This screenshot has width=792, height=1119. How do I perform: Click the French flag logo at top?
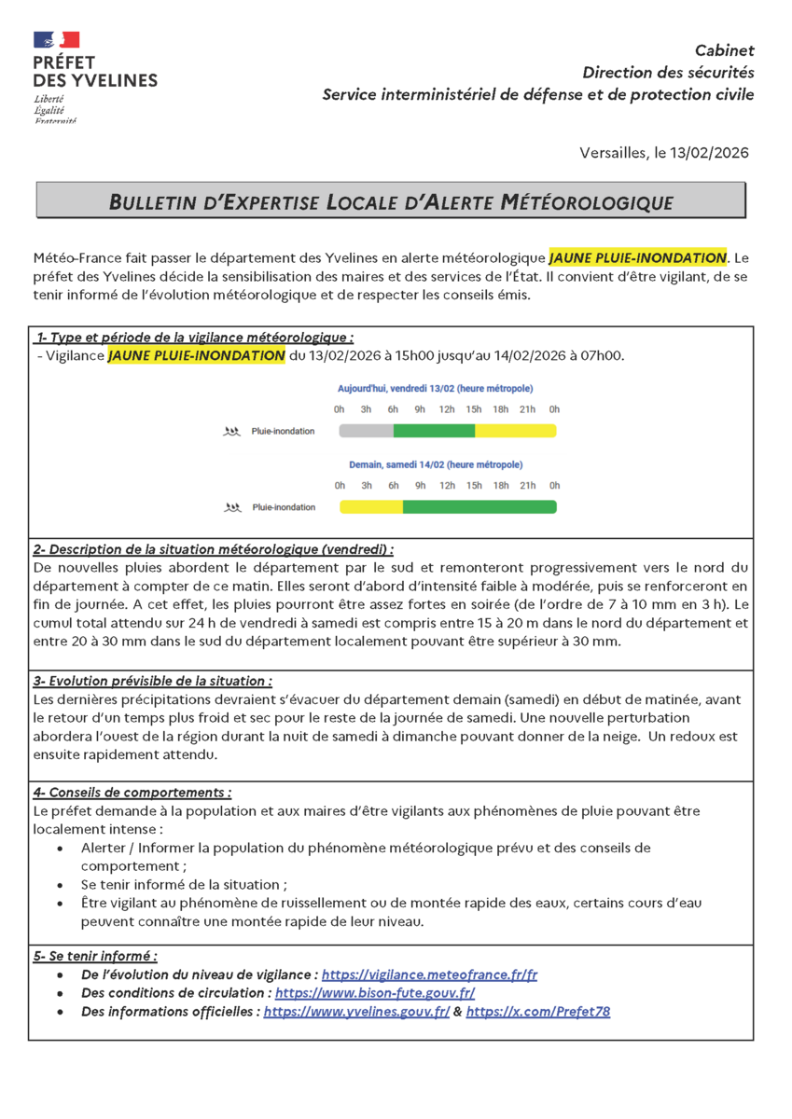(x=56, y=39)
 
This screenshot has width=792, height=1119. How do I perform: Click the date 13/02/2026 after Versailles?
(x=709, y=153)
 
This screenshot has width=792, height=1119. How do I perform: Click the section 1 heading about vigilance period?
(x=195, y=338)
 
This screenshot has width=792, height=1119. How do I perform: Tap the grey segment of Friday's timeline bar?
(x=366, y=431)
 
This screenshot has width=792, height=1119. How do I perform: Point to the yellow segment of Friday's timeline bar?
(x=515, y=431)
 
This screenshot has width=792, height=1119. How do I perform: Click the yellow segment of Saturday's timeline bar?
(x=370, y=507)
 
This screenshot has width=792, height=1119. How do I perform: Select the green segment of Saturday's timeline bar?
(x=479, y=507)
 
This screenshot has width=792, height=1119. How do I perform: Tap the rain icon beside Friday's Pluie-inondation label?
(x=230, y=432)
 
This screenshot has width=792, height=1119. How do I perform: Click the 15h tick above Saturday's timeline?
(x=474, y=486)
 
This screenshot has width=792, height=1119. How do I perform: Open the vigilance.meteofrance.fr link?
(x=429, y=974)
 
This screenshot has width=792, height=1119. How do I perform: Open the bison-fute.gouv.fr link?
(x=375, y=993)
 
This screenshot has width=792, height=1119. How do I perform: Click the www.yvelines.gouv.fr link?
(x=356, y=1012)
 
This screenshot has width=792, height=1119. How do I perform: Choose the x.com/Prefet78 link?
(x=538, y=1012)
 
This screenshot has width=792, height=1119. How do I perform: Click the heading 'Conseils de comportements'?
(x=132, y=793)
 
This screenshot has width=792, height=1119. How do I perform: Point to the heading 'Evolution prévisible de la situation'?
(x=153, y=682)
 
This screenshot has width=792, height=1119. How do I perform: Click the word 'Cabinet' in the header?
(x=725, y=50)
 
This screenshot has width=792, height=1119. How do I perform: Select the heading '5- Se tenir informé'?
(x=95, y=956)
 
